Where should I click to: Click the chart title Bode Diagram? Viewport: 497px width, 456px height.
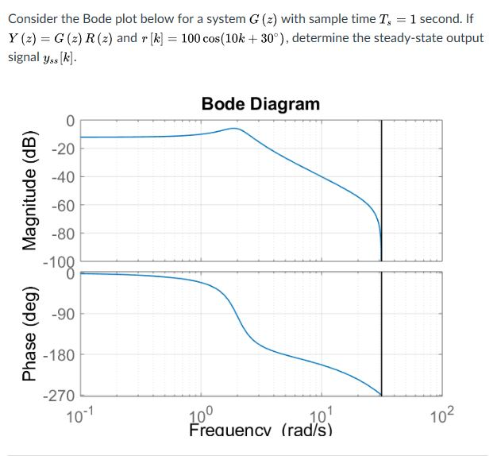tap(260, 104)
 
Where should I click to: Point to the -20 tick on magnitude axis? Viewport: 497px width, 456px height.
tap(64, 150)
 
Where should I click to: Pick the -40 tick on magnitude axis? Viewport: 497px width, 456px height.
tap(64, 178)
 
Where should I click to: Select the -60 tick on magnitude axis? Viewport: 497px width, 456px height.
tap(64, 207)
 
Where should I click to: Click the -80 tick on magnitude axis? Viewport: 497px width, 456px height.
tap(64, 234)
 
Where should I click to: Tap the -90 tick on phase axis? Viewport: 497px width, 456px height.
tap(64, 314)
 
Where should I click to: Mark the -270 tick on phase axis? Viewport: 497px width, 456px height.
tap(60, 396)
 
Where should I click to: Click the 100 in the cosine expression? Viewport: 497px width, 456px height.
tap(193, 38)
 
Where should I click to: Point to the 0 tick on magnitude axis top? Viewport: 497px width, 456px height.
tap(70, 122)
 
